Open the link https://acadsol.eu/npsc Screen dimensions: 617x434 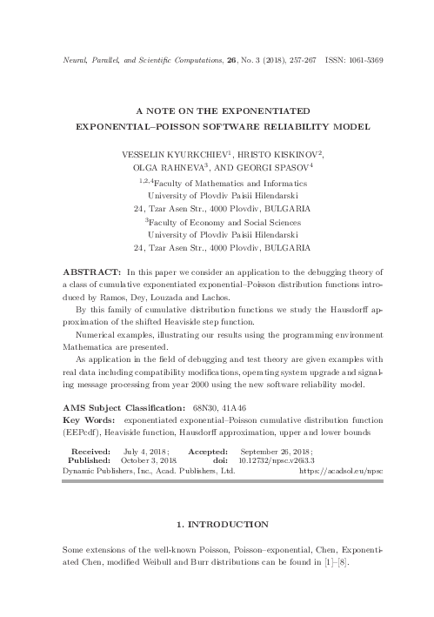pyautogui.click(x=341, y=473)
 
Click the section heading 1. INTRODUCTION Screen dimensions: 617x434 pyautogui.click(x=217, y=525)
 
